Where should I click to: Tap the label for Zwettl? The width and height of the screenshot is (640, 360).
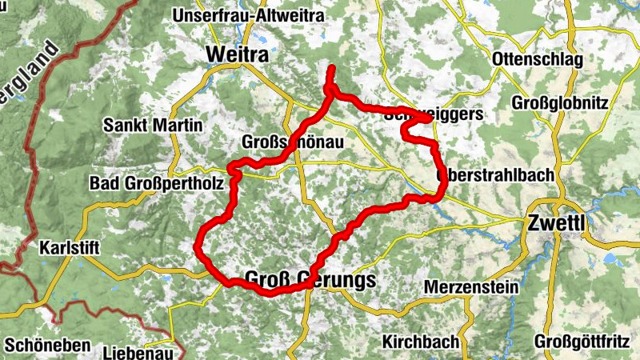[552, 223]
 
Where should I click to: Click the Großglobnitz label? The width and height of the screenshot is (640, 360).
[560, 103]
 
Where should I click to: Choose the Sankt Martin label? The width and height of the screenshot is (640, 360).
[153, 126]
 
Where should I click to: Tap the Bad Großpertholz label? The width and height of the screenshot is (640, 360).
[155, 184]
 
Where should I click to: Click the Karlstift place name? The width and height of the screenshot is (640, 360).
[69, 248]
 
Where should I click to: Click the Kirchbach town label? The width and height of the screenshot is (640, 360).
[421, 342]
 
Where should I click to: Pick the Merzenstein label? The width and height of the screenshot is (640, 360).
[472, 286]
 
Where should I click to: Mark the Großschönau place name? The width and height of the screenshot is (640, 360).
[293, 142]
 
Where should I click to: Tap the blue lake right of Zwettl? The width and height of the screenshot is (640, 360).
[612, 258]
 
